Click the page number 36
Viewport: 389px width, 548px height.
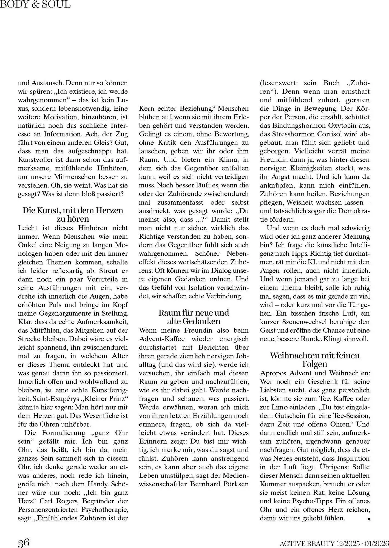(24, 543)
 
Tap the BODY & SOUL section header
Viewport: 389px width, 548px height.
(36, 4)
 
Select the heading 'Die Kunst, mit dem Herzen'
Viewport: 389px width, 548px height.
(73, 210)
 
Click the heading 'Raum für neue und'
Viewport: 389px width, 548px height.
(194, 313)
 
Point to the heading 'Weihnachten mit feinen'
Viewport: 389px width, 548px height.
(314, 355)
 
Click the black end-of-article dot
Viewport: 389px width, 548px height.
(369, 519)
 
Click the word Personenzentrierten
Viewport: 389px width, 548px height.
(47, 510)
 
